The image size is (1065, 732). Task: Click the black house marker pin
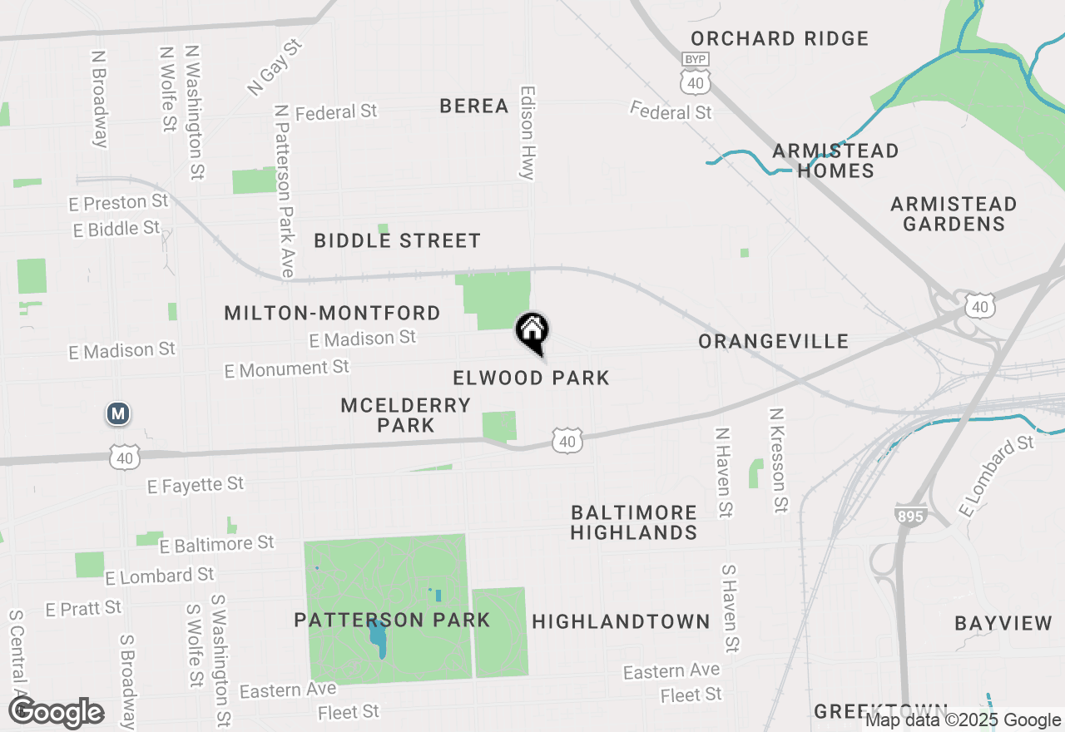click(x=532, y=332)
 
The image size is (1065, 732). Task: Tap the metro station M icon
click(x=118, y=413)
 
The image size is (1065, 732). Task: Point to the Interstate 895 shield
click(x=912, y=515)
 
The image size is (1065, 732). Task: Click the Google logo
click(x=57, y=713)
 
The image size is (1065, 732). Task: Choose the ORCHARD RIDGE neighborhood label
click(x=780, y=38)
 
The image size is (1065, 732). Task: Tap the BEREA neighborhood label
click(x=474, y=106)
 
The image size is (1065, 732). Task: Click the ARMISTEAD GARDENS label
click(x=954, y=214)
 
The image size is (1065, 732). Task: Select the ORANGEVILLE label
click(x=773, y=341)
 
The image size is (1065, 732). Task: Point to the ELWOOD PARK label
click(x=531, y=378)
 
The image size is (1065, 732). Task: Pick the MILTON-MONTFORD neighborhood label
click(x=332, y=313)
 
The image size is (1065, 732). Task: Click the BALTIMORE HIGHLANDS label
click(x=634, y=522)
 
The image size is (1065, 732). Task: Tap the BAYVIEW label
click(x=1003, y=623)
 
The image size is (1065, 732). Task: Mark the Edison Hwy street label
click(x=528, y=133)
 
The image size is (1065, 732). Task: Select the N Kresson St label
click(x=779, y=459)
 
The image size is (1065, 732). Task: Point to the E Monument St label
click(x=286, y=368)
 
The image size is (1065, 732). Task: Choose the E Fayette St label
click(x=195, y=484)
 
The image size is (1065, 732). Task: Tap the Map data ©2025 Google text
click(x=963, y=720)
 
